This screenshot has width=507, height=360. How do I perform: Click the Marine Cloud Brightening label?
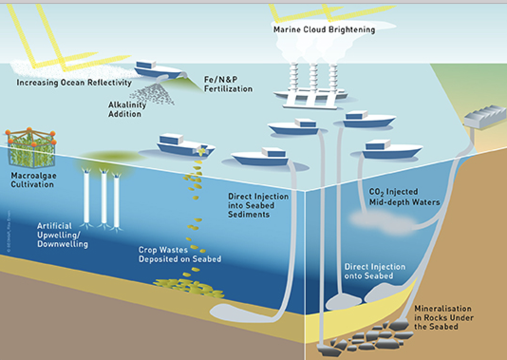point(324,30)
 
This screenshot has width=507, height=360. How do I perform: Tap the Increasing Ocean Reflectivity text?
point(74,83)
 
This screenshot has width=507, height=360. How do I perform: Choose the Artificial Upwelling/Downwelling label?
point(62,235)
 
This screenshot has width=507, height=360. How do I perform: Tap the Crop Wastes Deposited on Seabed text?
point(179,255)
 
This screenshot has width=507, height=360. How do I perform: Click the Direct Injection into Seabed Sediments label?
point(258,205)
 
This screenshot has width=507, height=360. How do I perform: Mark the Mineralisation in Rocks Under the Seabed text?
point(443,317)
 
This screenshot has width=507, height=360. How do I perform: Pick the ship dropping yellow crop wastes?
point(183,145)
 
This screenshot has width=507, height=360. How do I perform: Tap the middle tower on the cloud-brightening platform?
point(314,78)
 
